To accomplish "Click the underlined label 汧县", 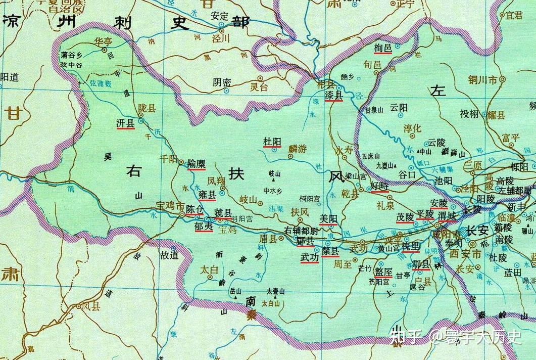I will point(125,122).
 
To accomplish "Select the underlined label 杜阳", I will point(272,142).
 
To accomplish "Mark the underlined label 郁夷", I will point(203,226).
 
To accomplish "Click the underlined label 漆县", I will point(334,95).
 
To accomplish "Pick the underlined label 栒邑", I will point(383,48).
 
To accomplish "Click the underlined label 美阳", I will point(329,218).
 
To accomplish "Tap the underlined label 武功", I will point(309,257).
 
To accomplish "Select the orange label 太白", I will point(209,269).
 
